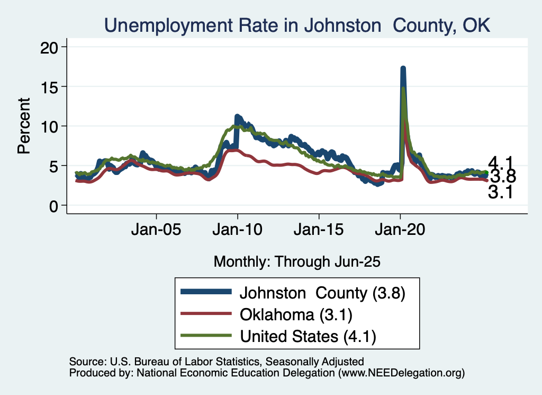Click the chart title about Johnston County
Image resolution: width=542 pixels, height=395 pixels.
point(297,25)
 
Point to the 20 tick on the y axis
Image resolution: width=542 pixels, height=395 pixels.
point(51,47)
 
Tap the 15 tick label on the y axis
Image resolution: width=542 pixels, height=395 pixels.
point(51,86)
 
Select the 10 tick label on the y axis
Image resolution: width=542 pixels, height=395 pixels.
point(51,126)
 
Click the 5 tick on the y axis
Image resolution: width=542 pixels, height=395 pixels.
point(56,166)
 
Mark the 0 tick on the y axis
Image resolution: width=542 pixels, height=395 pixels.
point(56,206)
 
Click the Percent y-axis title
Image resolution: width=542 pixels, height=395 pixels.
point(23,126)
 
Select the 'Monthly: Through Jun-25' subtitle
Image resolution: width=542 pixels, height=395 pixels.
point(297,261)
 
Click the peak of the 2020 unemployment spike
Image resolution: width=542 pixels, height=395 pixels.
point(403,69)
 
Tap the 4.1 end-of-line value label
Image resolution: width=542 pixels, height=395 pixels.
point(500,163)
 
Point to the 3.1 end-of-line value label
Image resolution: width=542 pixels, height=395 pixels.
point(500,192)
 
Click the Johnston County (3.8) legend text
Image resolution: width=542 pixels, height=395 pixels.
point(322,293)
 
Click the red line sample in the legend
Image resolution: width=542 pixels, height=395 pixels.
point(206,314)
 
